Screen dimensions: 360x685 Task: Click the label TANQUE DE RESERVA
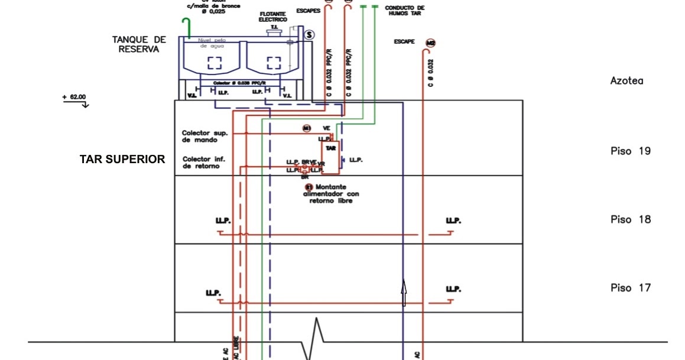139,44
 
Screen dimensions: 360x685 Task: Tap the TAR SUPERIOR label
122,160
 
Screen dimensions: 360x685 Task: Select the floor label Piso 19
630,151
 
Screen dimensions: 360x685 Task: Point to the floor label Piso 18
630,220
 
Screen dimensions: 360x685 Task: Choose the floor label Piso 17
630,288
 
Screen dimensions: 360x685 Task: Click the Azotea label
626,81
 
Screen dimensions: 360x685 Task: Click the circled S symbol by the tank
309,35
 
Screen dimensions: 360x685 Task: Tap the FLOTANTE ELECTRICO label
273,17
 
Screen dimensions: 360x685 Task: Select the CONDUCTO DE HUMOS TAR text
404,10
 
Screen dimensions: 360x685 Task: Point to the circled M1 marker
307,128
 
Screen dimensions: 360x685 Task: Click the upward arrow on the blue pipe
404,293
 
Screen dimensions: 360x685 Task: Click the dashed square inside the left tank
214,63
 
